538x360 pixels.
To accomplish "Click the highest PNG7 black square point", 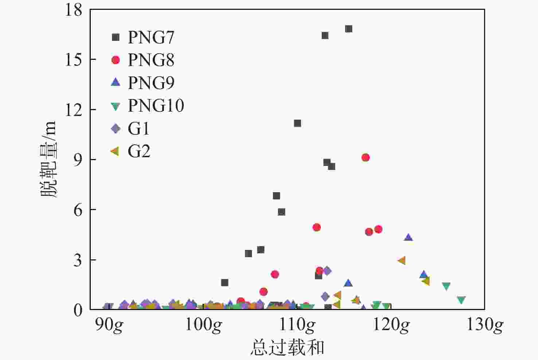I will pos(348,29).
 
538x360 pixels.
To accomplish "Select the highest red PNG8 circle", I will pos(365,158).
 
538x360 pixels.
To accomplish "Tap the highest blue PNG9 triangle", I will pos(408,237).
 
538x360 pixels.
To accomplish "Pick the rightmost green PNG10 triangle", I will pos(461,300).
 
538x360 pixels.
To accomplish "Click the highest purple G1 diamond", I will pos(327,271).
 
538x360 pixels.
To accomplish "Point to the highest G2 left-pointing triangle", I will pos(402,260).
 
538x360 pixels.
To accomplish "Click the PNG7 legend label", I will pos(151,37).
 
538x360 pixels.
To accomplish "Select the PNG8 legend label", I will pos(151,60).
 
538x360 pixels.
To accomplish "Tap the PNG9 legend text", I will pos(151,83).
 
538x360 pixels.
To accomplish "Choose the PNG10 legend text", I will pos(156,106).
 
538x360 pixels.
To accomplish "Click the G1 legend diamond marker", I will pos(116,128).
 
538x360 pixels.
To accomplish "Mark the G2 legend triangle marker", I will pos(115,151).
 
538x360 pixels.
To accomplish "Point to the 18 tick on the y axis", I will pos(74,10).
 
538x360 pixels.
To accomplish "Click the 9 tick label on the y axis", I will pos(78,160).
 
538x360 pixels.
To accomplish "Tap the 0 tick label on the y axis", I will pos(78,310).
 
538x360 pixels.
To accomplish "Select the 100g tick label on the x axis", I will pos(203,325).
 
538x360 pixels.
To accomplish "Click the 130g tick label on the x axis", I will pos(485,325).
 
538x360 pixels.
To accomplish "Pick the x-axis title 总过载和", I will pos(287,347).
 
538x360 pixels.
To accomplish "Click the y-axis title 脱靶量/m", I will pos(49,159).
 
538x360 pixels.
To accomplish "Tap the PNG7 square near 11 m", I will pos(297,123).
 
